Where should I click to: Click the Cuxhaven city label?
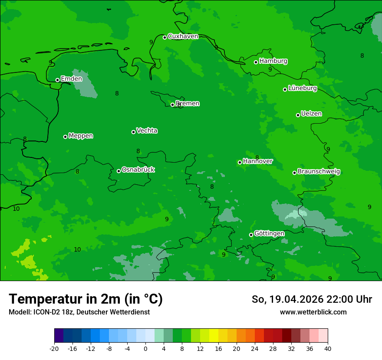pyautogui.click(x=183, y=36)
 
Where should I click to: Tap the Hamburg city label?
pyautogui.click(x=273, y=61)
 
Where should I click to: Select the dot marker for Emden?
pyautogui.click(x=57, y=80)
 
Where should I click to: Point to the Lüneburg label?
pyautogui.click(x=302, y=88)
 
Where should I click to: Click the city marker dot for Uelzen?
pyautogui.click(x=298, y=115)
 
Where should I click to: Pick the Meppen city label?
pyautogui.click(x=81, y=136)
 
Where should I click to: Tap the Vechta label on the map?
pyautogui.click(x=147, y=131)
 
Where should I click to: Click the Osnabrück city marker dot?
pyautogui.click(x=119, y=171)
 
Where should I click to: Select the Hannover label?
pyautogui.click(x=258, y=161)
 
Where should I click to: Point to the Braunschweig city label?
pyautogui.click(x=319, y=172)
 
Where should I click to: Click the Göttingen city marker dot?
pyautogui.click(x=251, y=235)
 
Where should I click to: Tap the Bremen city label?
pyautogui.click(x=188, y=104)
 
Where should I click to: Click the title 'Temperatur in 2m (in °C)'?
pyautogui.click(x=86, y=299)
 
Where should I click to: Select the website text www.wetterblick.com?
pyautogui.click(x=313, y=312)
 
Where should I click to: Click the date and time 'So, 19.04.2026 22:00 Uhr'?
pyautogui.click(x=312, y=299)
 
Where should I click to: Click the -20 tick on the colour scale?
pyautogui.click(x=54, y=348)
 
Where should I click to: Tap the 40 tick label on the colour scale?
pyautogui.click(x=328, y=348)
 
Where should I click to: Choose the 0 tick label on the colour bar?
pyautogui.click(x=145, y=348)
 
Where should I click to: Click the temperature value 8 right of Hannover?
pyautogui.click(x=257, y=157)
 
